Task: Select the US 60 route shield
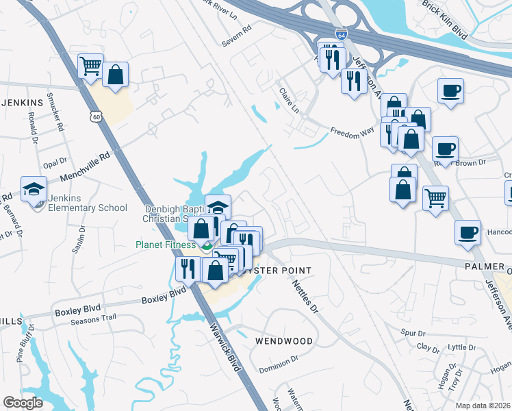pos(97,118)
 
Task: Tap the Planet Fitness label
pos(164,244)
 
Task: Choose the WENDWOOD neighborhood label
pos(284,340)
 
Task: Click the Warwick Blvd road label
pos(227,350)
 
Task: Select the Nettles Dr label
pos(305,296)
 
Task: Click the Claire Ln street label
pos(289,99)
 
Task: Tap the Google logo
pos(23,402)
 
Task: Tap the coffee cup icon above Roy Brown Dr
pos(445,149)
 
